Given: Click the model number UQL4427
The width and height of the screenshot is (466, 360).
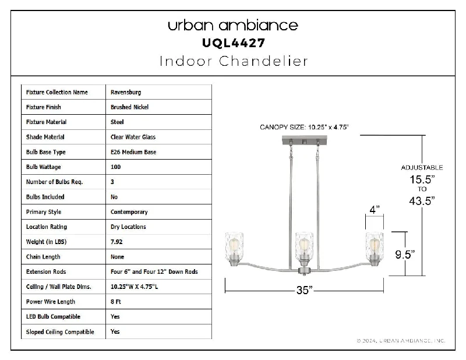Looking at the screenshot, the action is click(234, 43).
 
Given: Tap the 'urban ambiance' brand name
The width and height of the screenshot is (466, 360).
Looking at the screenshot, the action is click(233, 25).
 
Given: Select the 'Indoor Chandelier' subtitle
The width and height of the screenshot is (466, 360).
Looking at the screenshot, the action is click(234, 61).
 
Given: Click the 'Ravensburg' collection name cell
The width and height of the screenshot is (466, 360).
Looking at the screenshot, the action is click(126, 92).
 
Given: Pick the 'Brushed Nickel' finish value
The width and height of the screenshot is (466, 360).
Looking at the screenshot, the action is click(129, 107).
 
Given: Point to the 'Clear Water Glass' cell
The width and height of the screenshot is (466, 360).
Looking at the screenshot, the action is click(133, 137).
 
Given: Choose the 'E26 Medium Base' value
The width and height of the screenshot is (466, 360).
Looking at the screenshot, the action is click(133, 152).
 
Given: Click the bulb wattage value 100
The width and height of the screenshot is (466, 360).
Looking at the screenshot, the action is click(115, 167).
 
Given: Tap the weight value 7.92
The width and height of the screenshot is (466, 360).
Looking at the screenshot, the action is click(116, 242).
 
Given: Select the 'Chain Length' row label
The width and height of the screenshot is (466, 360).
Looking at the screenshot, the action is click(43, 256).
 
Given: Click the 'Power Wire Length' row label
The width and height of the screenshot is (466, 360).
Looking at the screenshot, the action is click(51, 301).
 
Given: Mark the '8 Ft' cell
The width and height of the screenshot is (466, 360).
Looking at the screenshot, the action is click(115, 301).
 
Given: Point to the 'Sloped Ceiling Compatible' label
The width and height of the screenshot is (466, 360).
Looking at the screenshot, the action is click(60, 332).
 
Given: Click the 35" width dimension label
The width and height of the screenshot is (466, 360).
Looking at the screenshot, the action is click(304, 290).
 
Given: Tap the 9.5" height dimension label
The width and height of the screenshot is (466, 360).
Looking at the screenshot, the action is click(405, 255).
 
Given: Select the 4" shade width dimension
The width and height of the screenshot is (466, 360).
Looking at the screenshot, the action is click(375, 210).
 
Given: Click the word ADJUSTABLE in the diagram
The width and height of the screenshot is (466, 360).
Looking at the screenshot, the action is click(422, 168).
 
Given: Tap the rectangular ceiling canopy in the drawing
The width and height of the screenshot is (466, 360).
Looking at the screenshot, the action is click(304, 140).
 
